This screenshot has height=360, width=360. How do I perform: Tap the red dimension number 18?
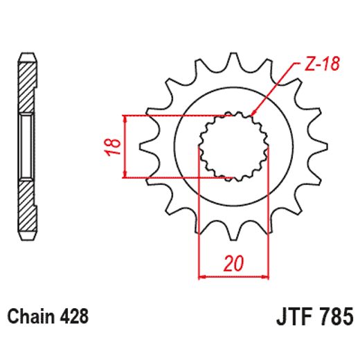(115, 146)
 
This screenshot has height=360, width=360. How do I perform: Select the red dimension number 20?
(233, 263)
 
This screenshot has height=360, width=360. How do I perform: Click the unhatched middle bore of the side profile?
(26, 145)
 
